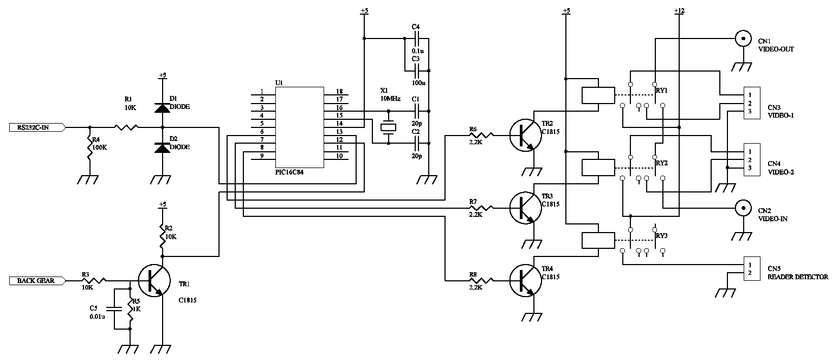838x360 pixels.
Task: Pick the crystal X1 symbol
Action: tap(389, 127)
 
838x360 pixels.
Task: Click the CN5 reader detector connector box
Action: tap(751, 268)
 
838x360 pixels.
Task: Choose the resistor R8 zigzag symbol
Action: tap(482, 280)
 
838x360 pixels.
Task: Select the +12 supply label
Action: tap(679, 11)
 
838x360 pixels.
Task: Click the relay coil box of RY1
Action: tap(598, 95)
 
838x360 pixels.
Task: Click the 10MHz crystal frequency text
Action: tap(390, 99)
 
